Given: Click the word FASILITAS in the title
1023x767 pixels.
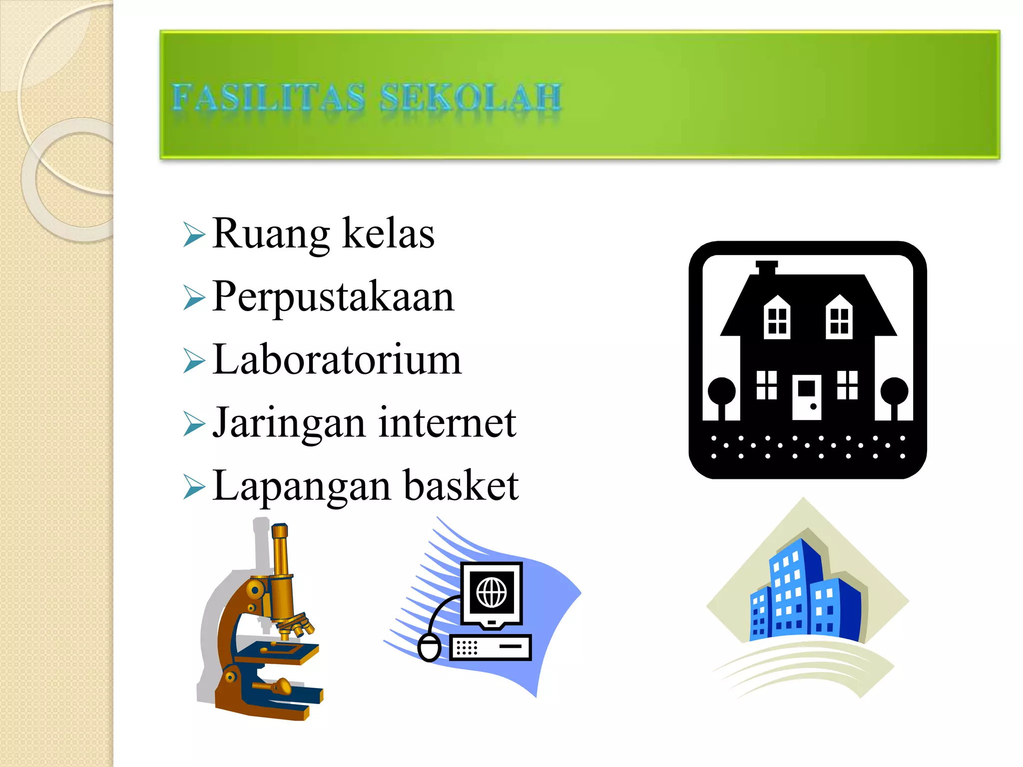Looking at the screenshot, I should tap(269, 97).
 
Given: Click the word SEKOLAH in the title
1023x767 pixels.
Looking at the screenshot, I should tap(471, 97).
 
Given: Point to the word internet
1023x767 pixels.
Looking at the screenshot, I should tap(447, 422).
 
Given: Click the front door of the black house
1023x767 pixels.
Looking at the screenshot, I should tap(806, 397).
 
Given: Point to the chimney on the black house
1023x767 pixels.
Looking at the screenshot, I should tap(766, 268).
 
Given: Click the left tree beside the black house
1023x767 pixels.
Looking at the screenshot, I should tap(721, 392).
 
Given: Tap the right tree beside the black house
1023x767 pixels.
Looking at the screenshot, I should tap(894, 392).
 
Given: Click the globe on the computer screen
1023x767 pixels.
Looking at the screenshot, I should tap(492, 593).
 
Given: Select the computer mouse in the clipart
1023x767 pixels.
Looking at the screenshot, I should tap(429, 648).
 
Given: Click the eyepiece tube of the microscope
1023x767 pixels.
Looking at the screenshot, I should tap(280, 549).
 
